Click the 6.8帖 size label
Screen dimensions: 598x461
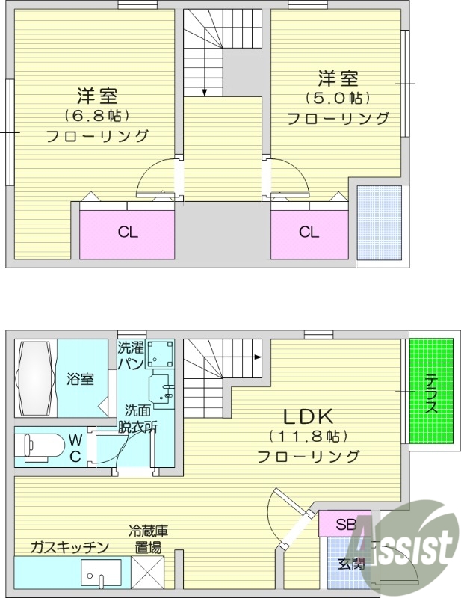tap(97, 116)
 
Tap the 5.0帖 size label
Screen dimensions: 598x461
tap(338, 98)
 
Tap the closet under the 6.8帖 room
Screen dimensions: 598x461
tap(127, 232)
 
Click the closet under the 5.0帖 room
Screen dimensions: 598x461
tap(309, 232)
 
